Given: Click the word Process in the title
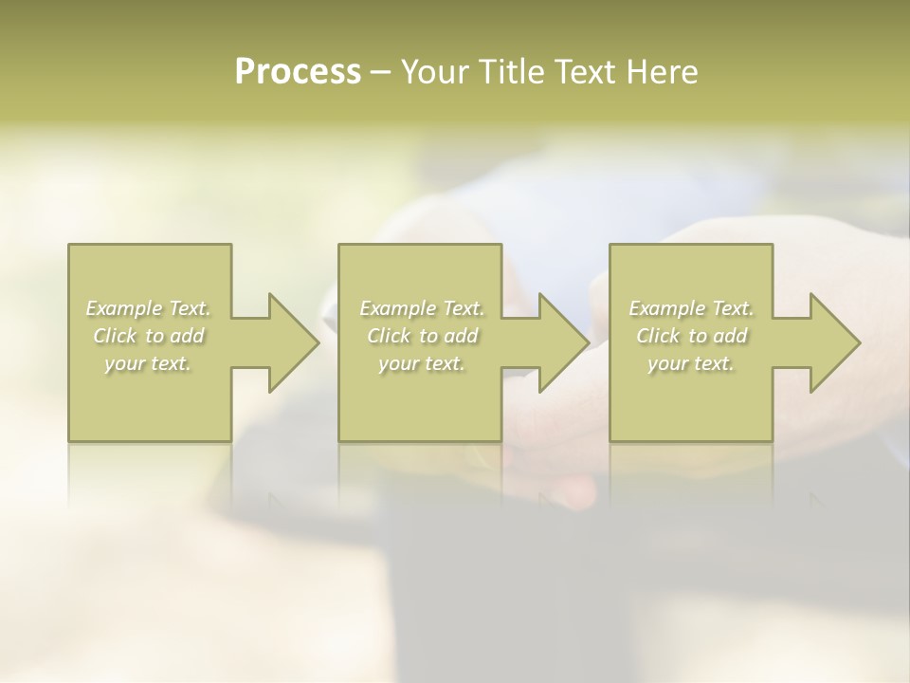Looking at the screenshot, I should click(x=298, y=71).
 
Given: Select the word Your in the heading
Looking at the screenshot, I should click(x=431, y=71).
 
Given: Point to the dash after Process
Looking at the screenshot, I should click(x=380, y=72).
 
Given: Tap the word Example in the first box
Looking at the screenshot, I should click(x=124, y=308).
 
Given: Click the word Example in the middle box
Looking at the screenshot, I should click(x=397, y=308).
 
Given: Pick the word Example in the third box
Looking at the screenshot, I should click(x=667, y=308).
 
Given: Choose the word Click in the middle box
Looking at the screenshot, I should click(x=389, y=336).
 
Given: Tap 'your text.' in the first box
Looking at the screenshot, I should click(x=148, y=363).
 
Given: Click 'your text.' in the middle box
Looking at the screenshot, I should click(x=422, y=363).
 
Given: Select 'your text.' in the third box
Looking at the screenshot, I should click(x=691, y=363).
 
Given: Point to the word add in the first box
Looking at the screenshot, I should click(x=190, y=336).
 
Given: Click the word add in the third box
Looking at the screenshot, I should click(x=732, y=336).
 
